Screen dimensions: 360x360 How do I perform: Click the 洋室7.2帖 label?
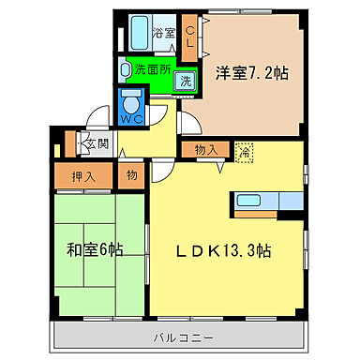point(251,71)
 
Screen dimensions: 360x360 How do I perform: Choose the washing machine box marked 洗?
point(187,81)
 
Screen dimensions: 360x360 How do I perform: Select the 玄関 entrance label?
point(97,143)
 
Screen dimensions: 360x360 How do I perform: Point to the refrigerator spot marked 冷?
point(245,150)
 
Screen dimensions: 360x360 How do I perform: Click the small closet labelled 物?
point(130,175)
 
